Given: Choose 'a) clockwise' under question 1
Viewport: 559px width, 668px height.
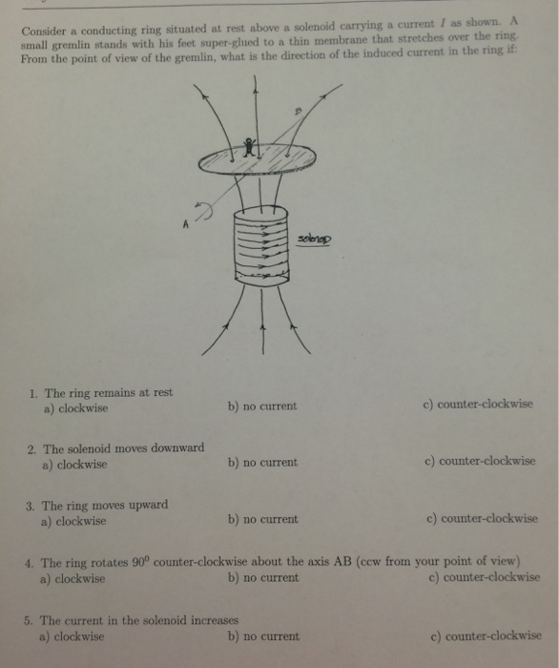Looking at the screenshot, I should coord(75,407).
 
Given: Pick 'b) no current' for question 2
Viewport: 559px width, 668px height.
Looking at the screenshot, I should coord(262,462).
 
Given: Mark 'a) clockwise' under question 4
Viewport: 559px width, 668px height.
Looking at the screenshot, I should coord(72,577).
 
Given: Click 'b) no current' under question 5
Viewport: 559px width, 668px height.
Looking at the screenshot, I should coord(263,636).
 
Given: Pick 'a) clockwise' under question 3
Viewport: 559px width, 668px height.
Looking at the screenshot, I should coord(73,520).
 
